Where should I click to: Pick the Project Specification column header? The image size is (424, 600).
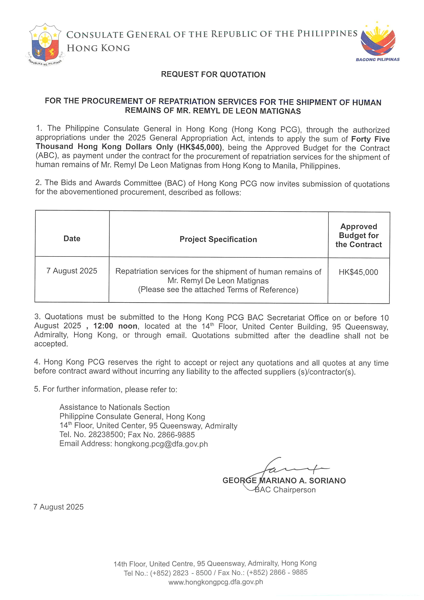pos(218,239)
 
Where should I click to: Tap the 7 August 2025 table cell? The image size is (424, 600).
pos(72,271)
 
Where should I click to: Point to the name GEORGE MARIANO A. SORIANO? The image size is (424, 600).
pos(284,481)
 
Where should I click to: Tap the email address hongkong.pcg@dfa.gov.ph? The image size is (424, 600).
pos(161,444)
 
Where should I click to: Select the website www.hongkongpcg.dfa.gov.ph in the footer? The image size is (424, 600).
pos(216,582)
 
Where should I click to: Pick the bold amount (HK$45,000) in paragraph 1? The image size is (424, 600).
pos(200,147)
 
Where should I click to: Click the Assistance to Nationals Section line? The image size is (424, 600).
pos(115,407)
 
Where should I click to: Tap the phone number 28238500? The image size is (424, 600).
pos(106,435)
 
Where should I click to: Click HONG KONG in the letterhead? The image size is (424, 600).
pos(98,48)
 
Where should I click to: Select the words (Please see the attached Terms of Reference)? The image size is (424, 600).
pos(218,290)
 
